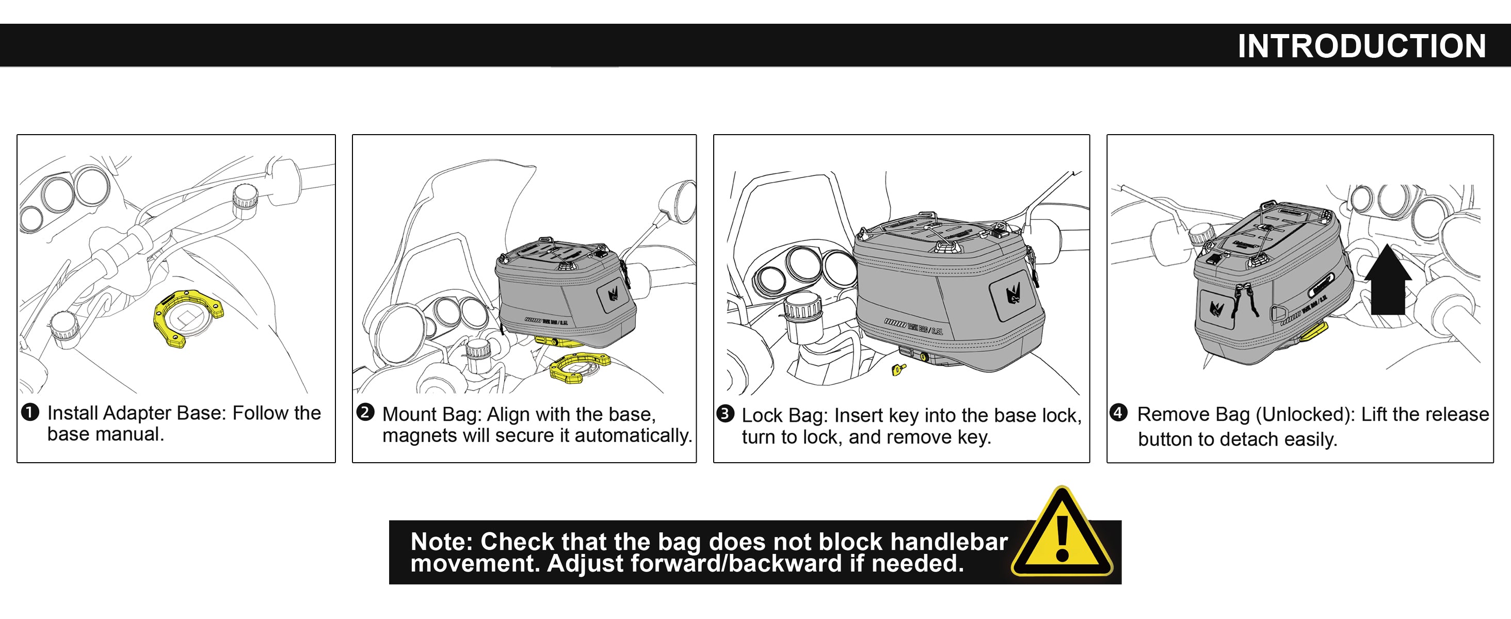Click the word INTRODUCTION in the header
[x=1361, y=46]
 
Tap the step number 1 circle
[x=30, y=412]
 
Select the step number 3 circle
[x=725, y=414]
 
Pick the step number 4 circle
[x=1118, y=412]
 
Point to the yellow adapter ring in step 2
[x=579, y=368]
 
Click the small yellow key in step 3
[x=898, y=369]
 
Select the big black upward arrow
[x=1387, y=280]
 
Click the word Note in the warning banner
[x=441, y=542]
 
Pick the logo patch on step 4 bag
[x=1216, y=308]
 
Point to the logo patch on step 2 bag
[x=614, y=293]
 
